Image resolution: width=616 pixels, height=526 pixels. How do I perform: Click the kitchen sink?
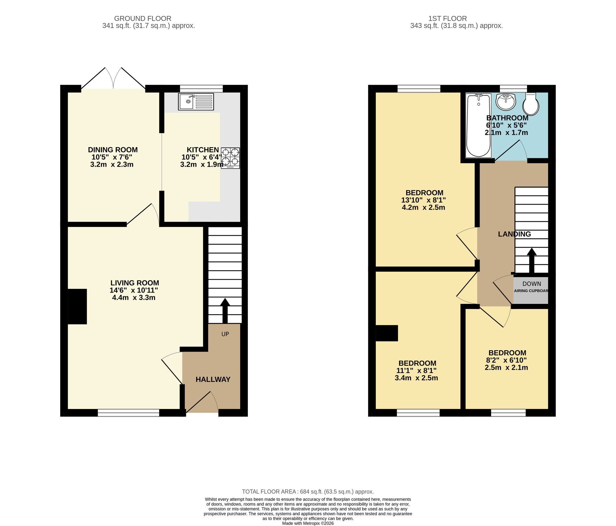pyautogui.click(x=196, y=102)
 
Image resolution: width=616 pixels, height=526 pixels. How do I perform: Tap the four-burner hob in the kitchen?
pyautogui.click(x=230, y=158)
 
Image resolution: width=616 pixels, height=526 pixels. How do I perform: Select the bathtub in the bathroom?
pyautogui.click(x=478, y=126)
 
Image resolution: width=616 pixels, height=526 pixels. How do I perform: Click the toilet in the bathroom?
pyautogui.click(x=531, y=103)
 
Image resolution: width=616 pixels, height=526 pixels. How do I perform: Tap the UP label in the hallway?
pyautogui.click(x=225, y=334)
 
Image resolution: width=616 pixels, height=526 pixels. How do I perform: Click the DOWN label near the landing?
pyautogui.click(x=532, y=284)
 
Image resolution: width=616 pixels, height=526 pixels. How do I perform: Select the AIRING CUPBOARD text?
pyautogui.click(x=531, y=291)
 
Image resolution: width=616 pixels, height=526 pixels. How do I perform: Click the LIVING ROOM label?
pyautogui.click(x=135, y=283)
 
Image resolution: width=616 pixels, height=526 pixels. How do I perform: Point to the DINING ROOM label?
pyautogui.click(x=113, y=150)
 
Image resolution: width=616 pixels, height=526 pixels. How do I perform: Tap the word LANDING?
pyautogui.click(x=514, y=234)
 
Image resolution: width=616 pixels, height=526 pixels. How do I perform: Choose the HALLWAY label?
pyautogui.click(x=213, y=379)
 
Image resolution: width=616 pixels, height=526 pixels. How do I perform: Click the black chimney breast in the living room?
pyautogui.click(x=77, y=306)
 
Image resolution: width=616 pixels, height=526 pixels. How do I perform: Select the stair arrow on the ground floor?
pyautogui.click(x=225, y=311)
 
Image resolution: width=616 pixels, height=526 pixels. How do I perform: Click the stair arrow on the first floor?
pyautogui.click(x=531, y=261)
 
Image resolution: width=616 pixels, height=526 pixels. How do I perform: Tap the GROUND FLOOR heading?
pyautogui.click(x=143, y=18)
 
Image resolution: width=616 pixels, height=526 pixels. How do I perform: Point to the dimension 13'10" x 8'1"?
pyautogui.click(x=423, y=200)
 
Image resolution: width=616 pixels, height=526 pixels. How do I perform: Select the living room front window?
pyautogui.click(x=128, y=413)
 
